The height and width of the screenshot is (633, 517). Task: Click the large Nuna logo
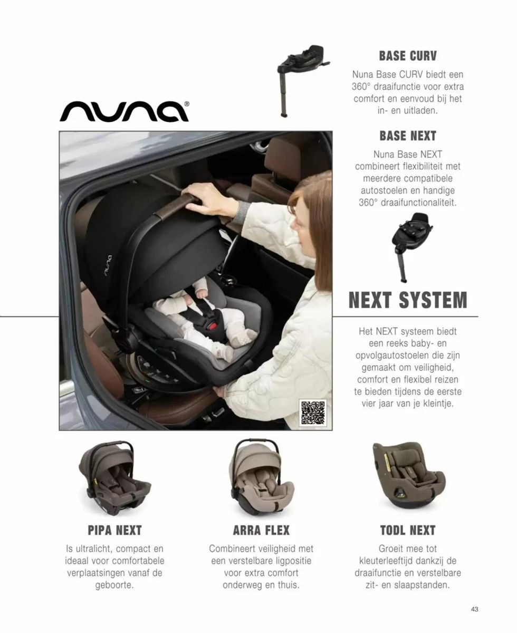(125, 111)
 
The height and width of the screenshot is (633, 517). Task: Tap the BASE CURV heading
(408, 56)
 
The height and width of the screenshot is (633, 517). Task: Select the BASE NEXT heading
(408, 136)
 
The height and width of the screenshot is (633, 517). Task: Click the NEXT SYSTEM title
(408, 300)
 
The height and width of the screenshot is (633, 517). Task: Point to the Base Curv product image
(303, 81)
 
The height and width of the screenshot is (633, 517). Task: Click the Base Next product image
(412, 247)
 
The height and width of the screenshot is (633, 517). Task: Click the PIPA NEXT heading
(114, 530)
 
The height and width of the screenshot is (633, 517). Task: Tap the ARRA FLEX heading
(261, 530)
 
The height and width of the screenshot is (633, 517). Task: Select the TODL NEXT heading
(408, 530)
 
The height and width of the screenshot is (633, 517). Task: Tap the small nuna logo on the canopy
(108, 266)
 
